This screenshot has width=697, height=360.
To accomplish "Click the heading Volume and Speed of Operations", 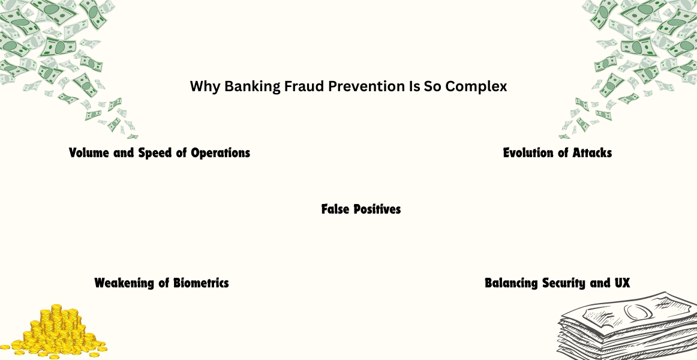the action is (160, 153).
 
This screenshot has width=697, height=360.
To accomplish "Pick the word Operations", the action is (221, 153).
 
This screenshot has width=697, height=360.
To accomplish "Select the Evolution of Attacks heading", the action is (557, 153).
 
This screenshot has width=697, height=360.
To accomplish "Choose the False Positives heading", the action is (361, 209).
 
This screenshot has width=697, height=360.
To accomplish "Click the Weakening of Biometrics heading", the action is (162, 283).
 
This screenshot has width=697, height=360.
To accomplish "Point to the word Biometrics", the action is (201, 283).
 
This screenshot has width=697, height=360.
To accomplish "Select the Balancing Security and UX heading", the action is (557, 283).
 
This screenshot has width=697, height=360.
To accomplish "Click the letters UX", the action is (623, 283).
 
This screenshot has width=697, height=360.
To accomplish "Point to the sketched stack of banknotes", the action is (627, 326).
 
